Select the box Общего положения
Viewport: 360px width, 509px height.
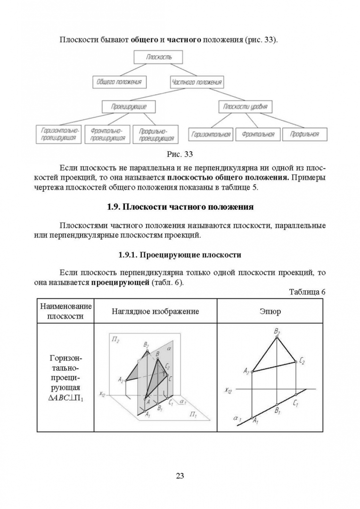tap(119, 82)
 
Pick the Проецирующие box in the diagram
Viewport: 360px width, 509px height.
tap(129, 107)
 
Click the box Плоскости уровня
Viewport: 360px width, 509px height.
tap(245, 107)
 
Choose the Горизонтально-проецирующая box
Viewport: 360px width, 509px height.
tap(59, 134)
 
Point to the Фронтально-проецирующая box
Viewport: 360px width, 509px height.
tap(107, 134)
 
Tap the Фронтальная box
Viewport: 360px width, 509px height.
tap(258, 134)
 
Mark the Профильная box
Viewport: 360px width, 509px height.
tap(304, 134)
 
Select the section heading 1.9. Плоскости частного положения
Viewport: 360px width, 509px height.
tap(180, 207)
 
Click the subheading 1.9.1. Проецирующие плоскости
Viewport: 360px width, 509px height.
tap(180, 255)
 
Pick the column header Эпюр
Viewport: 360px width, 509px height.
tap(270, 311)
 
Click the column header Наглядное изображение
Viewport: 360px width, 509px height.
tap(155, 311)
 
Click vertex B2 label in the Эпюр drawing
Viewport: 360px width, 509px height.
tap(277, 332)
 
